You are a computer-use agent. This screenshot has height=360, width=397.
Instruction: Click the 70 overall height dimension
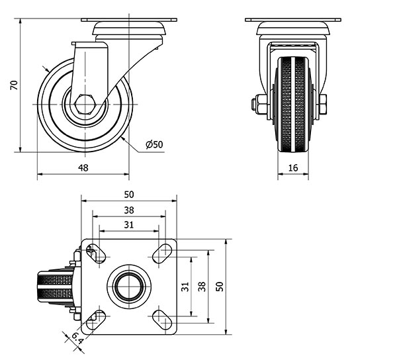coord(14,85)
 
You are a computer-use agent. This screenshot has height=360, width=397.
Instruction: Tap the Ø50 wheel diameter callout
coord(154,144)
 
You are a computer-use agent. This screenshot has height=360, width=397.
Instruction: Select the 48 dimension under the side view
coord(83,167)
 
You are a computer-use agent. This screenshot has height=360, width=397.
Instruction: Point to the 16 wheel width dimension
coord(293,167)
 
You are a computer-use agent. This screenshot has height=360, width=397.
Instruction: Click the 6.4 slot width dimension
coord(77,338)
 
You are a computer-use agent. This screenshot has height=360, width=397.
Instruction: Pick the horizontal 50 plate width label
coord(129,195)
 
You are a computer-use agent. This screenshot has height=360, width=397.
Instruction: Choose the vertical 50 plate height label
coord(220,287)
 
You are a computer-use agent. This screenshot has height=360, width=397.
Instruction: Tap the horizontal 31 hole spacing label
coord(129,225)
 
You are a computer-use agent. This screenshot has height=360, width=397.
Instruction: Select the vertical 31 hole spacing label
coord(185,287)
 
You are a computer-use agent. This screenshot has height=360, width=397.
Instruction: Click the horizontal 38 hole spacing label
coord(129,210)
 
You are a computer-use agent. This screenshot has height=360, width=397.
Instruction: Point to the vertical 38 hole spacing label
coord(202,287)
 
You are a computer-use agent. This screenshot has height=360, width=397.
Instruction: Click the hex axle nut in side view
coord(85,105)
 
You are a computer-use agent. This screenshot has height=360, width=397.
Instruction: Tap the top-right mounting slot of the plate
coord(162,253)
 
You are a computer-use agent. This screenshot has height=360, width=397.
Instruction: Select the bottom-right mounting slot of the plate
coord(162,320)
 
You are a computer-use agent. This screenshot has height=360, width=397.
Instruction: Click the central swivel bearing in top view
coord(129,287)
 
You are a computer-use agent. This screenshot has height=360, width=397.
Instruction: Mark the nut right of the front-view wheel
coord(323,105)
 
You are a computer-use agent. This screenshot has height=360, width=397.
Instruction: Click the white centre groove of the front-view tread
coord(293,105)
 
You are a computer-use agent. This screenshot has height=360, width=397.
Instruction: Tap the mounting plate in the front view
coord(293,20)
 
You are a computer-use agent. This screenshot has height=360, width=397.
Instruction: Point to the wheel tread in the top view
coord(55,287)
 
